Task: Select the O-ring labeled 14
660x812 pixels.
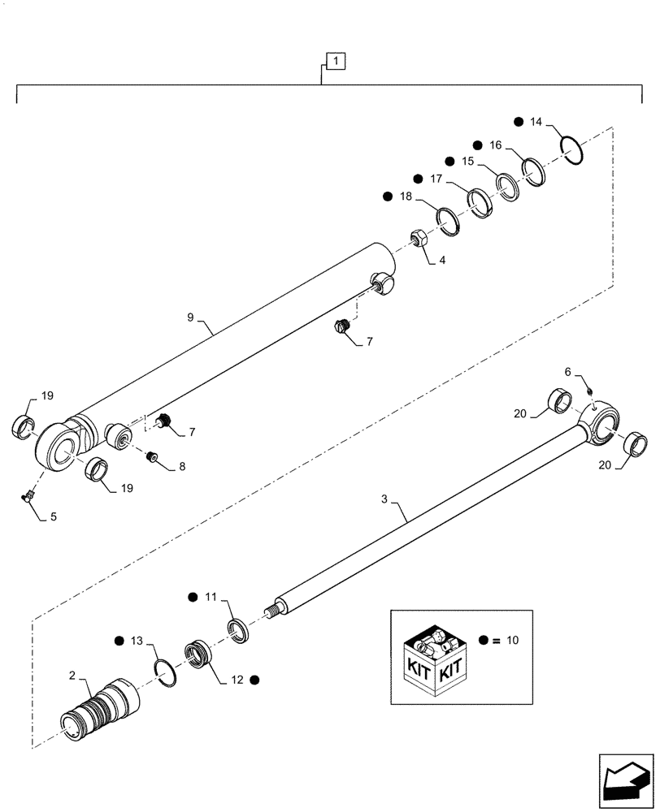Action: click(x=573, y=151)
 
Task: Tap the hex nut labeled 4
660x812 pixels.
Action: click(x=419, y=240)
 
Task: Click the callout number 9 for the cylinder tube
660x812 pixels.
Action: click(x=190, y=317)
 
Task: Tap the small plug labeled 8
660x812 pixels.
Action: click(x=151, y=457)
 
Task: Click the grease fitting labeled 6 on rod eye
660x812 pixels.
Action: click(x=591, y=394)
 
